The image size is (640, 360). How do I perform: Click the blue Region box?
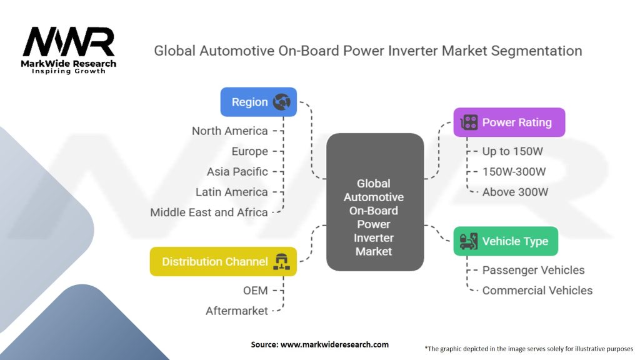(258, 102)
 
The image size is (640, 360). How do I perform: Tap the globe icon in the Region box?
(282, 102)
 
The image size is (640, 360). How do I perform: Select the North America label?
(230, 131)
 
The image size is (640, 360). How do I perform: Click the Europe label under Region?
(250, 151)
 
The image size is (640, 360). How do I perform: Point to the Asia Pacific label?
(237, 172)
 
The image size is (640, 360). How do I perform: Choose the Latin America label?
(231, 192)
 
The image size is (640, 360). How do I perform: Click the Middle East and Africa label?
(209, 212)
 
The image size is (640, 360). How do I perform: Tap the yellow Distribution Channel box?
(223, 262)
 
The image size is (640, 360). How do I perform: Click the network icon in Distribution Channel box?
(282, 262)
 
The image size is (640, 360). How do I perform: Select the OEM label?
(256, 291)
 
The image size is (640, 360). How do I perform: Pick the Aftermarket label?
(237, 311)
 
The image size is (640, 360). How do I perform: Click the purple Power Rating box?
(509, 122)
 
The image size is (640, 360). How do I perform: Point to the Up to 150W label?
(512, 151)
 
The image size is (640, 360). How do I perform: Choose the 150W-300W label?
(514, 172)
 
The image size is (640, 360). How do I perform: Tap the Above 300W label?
(515, 192)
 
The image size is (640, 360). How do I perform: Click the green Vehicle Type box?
(506, 241)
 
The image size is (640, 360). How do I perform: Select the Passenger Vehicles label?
(534, 270)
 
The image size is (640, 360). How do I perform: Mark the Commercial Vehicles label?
(537, 291)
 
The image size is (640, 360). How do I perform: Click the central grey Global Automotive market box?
(375, 202)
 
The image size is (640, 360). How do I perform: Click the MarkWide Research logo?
(69, 51)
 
